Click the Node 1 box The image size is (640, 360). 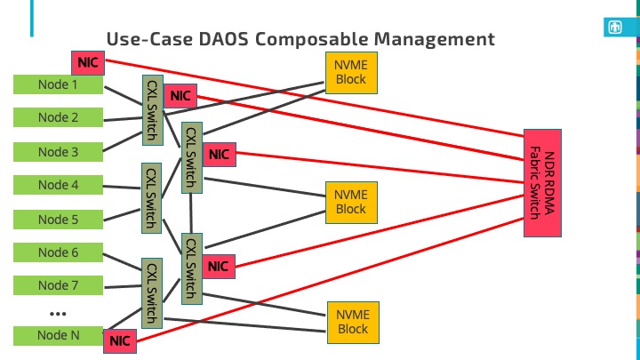pyautogui.click(x=58, y=84)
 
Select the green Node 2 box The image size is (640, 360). pyautogui.click(x=58, y=117)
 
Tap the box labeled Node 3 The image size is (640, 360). pyautogui.click(x=58, y=152)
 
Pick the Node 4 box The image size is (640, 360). pyautogui.click(x=58, y=185)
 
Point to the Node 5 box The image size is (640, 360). pyautogui.click(x=58, y=220)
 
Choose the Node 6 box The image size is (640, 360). pyautogui.click(x=58, y=252)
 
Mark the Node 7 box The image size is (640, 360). pyautogui.click(x=58, y=285)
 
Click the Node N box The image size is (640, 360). pyautogui.click(x=58, y=335)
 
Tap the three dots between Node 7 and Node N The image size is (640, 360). pyautogui.click(x=58, y=314)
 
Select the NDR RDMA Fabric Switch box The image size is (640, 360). pyautogui.click(x=542, y=183)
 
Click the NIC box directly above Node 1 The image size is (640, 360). pyautogui.click(x=88, y=63)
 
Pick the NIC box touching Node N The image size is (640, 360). pyautogui.click(x=120, y=341)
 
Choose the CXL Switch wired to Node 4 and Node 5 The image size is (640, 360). pyautogui.click(x=151, y=198)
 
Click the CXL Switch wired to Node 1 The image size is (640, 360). pyautogui.click(x=153, y=110)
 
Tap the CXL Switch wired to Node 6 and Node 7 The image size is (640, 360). pyautogui.click(x=152, y=293)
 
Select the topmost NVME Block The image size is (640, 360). pyautogui.click(x=351, y=73)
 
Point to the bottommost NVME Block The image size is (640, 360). pyautogui.click(x=353, y=323)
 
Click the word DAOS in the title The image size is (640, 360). pyautogui.click(x=223, y=40)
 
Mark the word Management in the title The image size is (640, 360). pyautogui.click(x=435, y=40)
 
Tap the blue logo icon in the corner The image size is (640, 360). pyautogui.click(x=615, y=28)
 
